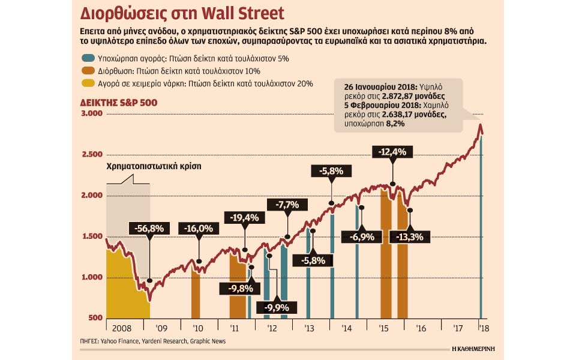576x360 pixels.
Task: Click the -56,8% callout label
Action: coord(151,229)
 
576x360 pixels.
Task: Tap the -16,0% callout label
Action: coord(199,229)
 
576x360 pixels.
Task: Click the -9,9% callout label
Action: coord(277,307)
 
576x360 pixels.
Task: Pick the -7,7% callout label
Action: coord(287,204)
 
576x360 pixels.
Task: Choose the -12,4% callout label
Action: coord(392,152)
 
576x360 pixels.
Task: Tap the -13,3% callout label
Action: coord(410,237)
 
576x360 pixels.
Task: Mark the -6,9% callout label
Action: coord(362,237)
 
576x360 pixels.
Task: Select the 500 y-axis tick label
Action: coord(95,318)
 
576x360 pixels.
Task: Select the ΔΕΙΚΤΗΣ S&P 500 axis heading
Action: coord(119,103)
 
